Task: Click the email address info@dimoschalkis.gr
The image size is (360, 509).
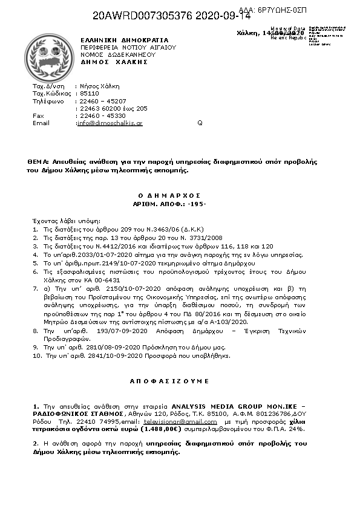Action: pos(110,123)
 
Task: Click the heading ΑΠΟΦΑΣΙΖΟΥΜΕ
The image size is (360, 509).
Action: pos(169,381)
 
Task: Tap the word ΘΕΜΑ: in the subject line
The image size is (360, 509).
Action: pos(38,162)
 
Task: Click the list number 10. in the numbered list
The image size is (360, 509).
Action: pos(36,356)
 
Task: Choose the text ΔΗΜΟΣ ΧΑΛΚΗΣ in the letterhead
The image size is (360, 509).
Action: pos(114,62)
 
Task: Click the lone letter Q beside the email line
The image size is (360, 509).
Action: pos(200,123)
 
